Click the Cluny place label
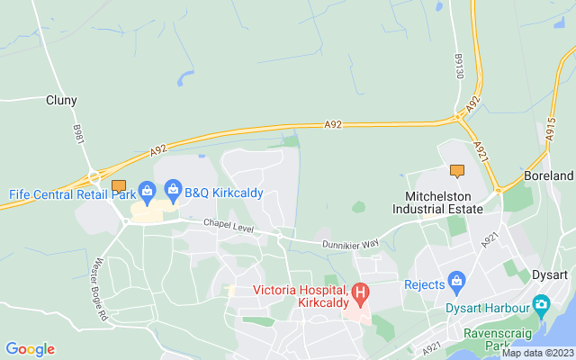click(x=61, y=101)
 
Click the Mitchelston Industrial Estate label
click(x=437, y=202)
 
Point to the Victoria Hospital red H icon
click(x=361, y=292)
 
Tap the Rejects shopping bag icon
click(x=456, y=281)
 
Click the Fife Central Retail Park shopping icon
click(x=148, y=190)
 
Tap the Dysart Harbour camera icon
click(x=542, y=305)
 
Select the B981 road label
click(x=77, y=133)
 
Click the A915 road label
click(x=550, y=132)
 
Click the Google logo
click(x=30, y=349)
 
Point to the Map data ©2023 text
click(x=537, y=353)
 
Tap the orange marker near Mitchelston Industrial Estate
click(x=457, y=170)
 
